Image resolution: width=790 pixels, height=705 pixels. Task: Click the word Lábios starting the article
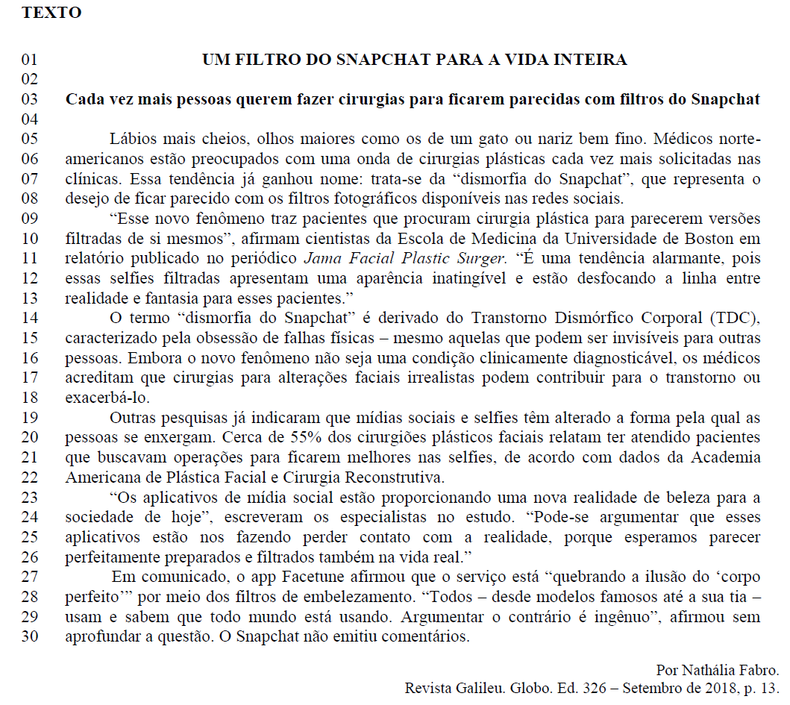coord(133,139)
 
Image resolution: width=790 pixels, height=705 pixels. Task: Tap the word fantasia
coord(174,298)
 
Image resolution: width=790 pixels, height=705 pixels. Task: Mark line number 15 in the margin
coord(29,339)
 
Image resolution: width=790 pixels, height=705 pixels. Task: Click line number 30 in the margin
coord(29,638)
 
